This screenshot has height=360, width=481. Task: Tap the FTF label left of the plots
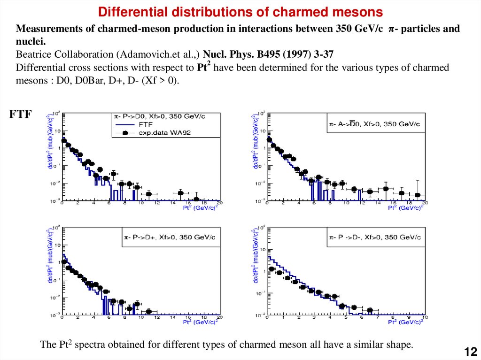coord(20,114)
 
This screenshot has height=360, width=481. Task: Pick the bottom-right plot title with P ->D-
coord(374,237)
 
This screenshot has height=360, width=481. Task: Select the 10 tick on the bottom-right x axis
coord(425,317)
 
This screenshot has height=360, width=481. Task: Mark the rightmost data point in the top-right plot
coord(418,195)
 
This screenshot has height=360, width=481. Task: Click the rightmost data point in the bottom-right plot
coord(370,310)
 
